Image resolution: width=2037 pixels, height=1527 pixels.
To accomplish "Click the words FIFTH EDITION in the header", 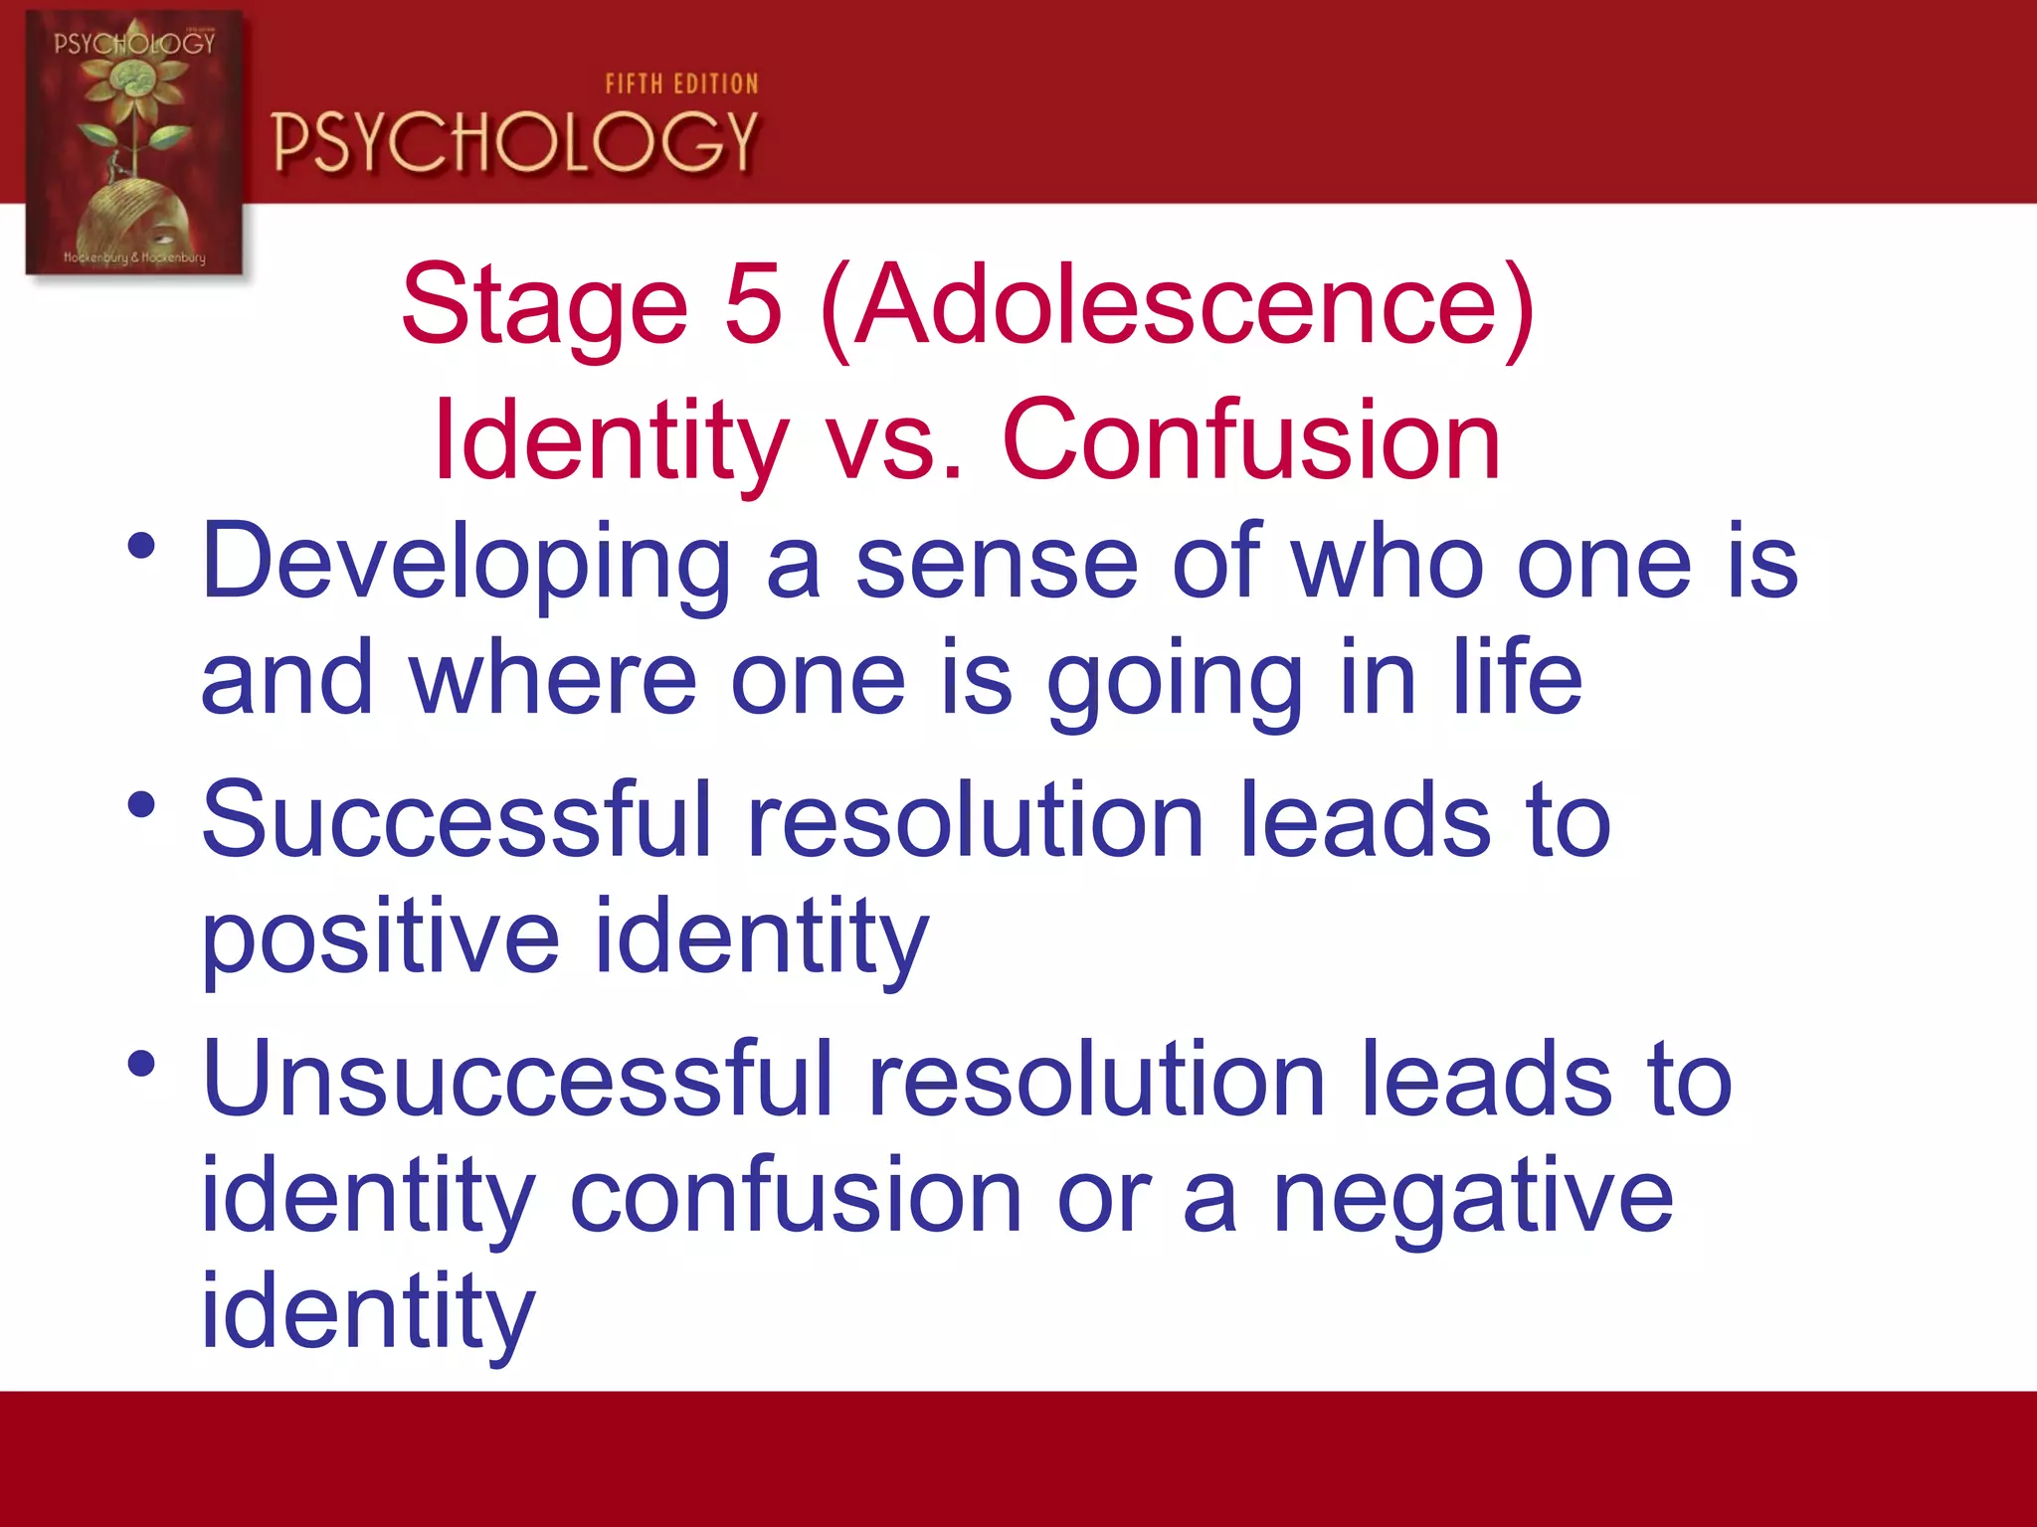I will coord(681,85).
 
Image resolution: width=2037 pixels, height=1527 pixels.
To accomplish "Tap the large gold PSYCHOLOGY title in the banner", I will coord(514,142).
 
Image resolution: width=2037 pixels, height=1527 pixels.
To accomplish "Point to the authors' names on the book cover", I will coord(134,257).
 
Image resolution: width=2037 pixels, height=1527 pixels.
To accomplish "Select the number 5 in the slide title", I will coord(753,305).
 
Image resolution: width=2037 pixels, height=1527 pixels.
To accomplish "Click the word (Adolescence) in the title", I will coord(1179,305).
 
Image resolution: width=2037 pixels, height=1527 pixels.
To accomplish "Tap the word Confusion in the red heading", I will coord(1251,440).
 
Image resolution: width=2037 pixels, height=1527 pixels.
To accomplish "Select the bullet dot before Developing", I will coord(141,546).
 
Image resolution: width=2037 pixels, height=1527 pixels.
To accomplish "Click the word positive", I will coord(380,939).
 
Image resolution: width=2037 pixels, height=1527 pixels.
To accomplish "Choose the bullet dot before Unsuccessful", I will coord(141,1064).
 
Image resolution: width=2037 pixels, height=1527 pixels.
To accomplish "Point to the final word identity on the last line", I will coord(368,1312).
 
